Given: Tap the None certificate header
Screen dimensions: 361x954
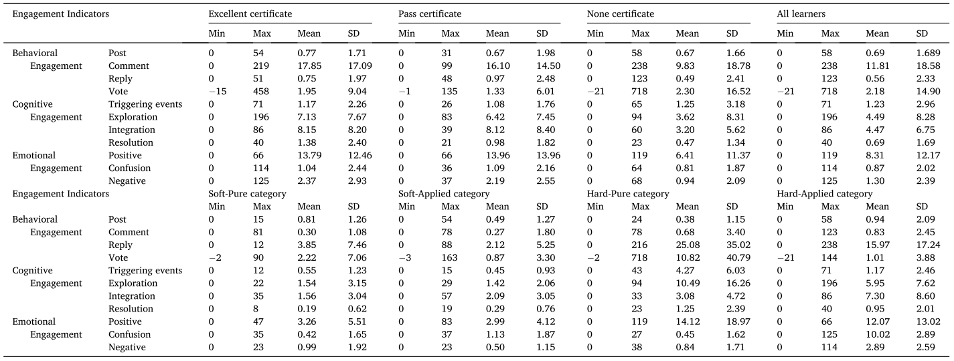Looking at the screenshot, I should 621,13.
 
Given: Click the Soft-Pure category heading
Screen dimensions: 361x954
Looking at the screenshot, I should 247,193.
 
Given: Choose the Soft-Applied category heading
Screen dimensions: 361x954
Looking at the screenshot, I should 443,193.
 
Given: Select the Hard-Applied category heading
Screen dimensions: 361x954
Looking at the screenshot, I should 824,193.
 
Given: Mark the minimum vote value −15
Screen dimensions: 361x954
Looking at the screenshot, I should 216,91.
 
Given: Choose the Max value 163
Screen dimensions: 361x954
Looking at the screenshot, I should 451,257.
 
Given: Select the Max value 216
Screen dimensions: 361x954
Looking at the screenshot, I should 640,245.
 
